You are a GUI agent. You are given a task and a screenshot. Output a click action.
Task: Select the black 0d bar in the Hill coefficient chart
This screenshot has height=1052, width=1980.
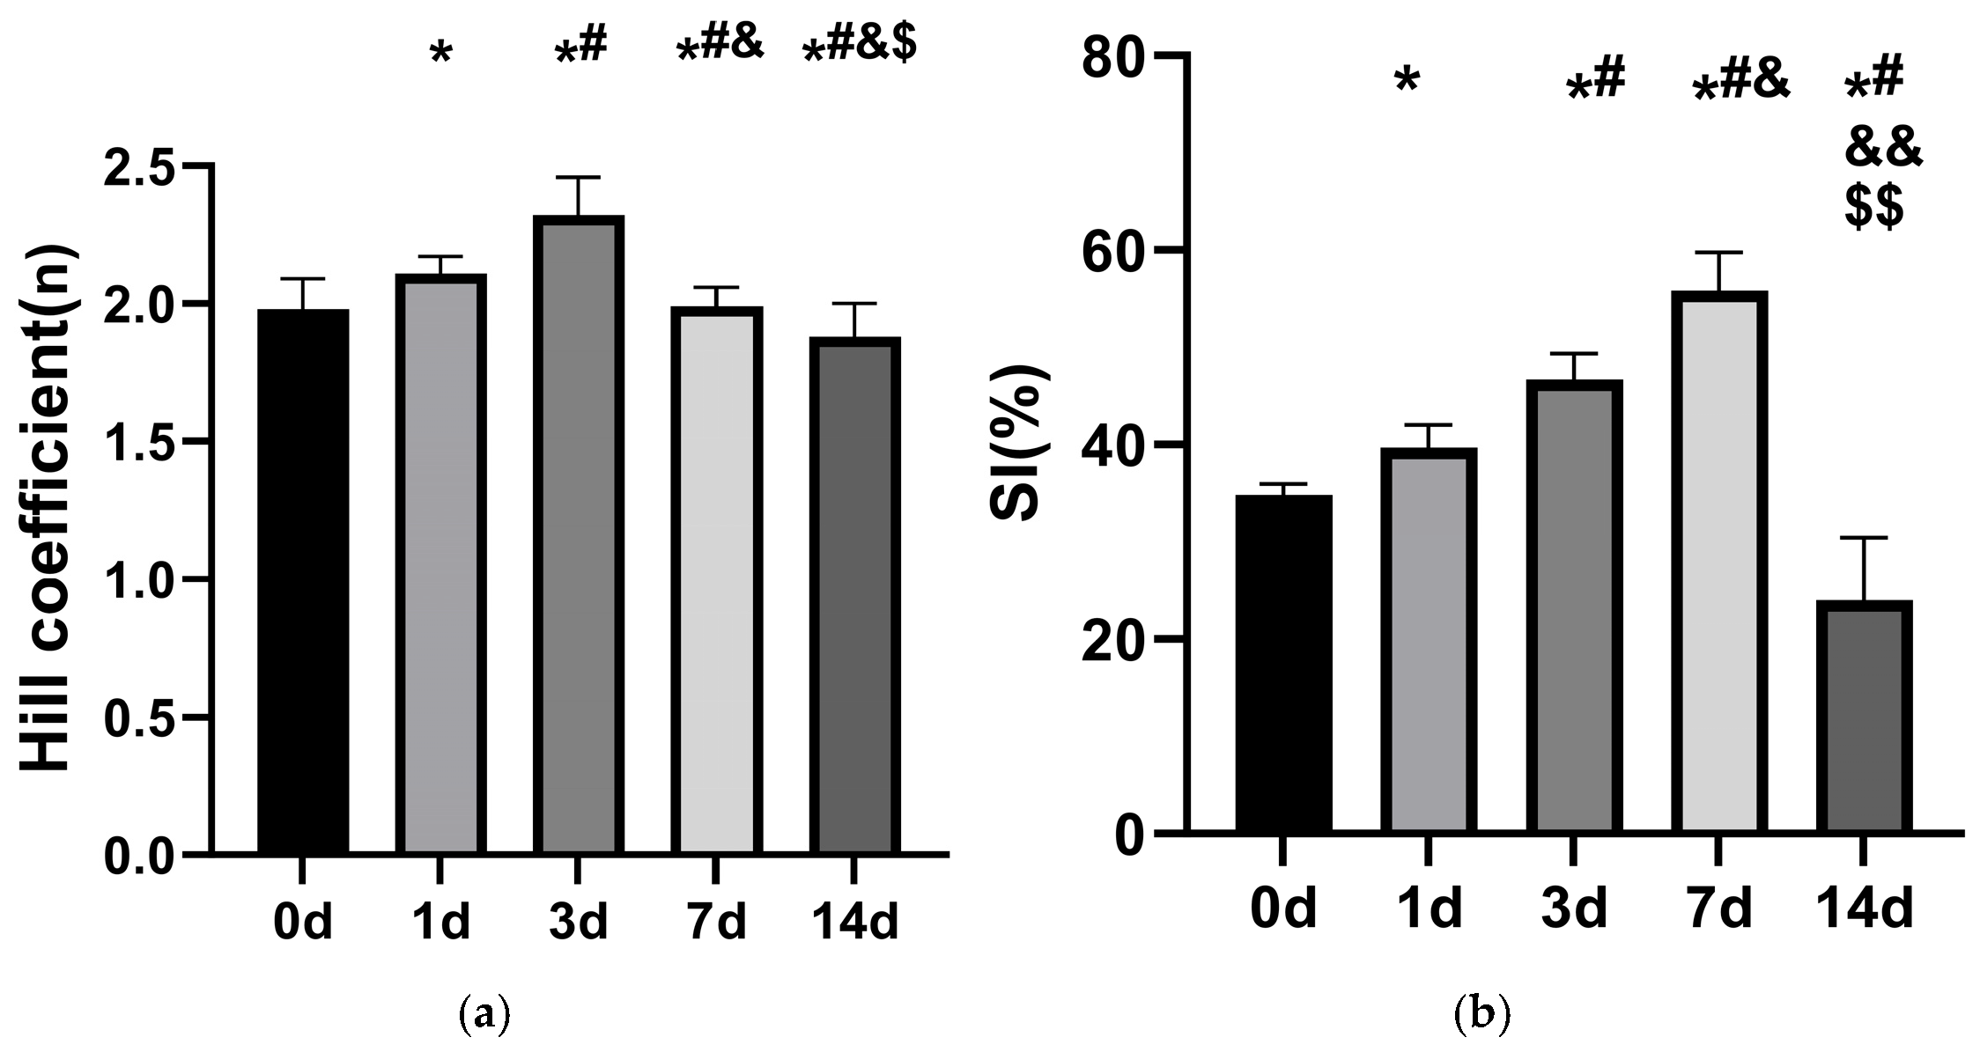303,582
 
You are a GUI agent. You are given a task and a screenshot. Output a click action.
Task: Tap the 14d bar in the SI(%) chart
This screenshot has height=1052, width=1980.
1864,717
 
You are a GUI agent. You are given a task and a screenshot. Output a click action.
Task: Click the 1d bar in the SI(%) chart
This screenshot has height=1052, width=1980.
1428,640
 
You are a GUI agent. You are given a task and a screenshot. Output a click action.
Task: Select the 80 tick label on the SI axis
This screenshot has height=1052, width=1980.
1113,55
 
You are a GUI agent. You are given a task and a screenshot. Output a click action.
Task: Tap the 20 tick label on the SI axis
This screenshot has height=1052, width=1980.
1113,639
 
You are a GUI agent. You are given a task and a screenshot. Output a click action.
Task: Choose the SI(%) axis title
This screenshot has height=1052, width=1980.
1017,443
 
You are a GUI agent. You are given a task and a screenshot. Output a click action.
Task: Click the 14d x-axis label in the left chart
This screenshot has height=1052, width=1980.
854,922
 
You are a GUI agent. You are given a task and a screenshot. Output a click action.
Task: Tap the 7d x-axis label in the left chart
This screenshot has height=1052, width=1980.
717,922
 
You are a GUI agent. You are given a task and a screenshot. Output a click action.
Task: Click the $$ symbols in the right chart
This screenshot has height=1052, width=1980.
1874,209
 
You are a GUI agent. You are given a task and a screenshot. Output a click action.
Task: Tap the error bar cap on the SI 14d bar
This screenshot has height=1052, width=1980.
1864,537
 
